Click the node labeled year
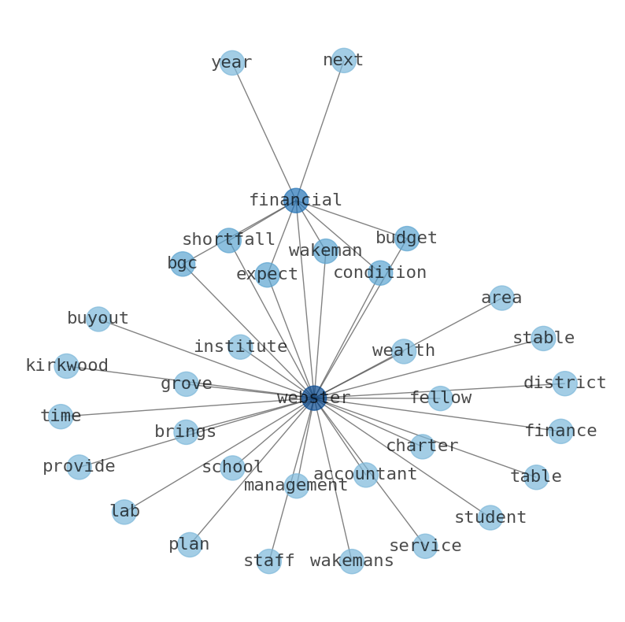tap(231, 63)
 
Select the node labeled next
tap(343, 61)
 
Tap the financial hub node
tap(296, 201)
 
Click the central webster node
tap(314, 398)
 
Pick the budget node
tap(407, 239)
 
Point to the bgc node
tap(182, 264)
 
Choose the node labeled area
tap(501, 298)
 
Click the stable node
tap(543, 339)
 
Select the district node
tap(564, 383)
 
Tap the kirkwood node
tap(66, 366)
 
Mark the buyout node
tap(98, 319)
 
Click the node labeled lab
tap(124, 512)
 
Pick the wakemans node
tap(352, 561)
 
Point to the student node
tap(490, 518)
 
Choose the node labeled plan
tap(189, 545)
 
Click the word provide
tap(79, 467)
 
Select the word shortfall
tap(228, 240)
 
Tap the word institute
tap(240, 347)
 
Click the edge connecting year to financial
tap(264, 131)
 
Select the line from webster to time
tap(187, 408)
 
